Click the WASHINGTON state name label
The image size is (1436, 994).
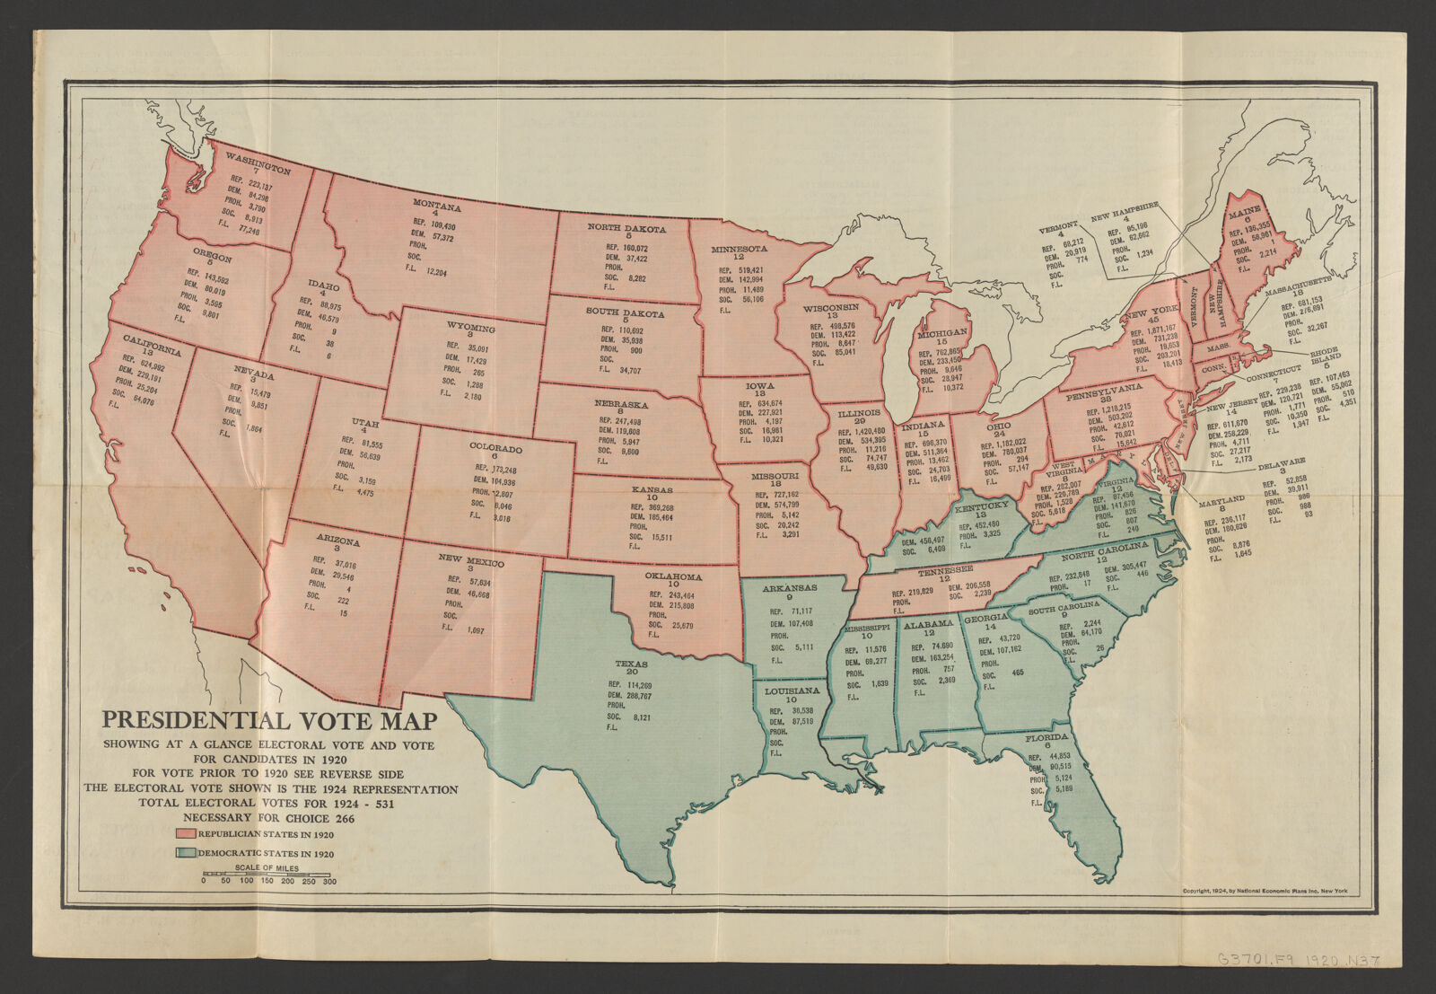click(x=258, y=163)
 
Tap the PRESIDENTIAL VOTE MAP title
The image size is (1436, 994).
click(x=269, y=720)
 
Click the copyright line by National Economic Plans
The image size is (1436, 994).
click(x=1265, y=891)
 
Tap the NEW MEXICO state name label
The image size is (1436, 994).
click(x=470, y=559)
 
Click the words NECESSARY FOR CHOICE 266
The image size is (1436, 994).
click(x=269, y=818)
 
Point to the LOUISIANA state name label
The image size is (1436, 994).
click(x=791, y=691)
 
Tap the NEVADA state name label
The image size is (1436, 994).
click(x=254, y=374)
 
